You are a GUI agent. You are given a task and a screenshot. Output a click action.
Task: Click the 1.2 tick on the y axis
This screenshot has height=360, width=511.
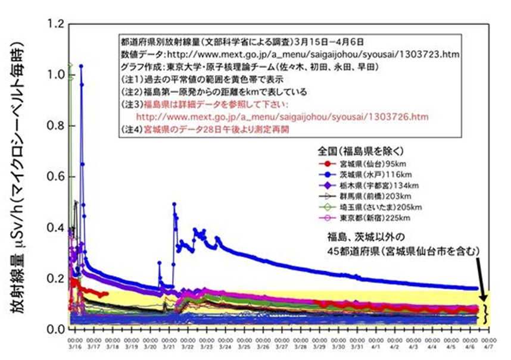tap(55, 24)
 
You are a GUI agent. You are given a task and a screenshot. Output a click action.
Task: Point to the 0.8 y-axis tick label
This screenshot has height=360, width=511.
tap(55, 126)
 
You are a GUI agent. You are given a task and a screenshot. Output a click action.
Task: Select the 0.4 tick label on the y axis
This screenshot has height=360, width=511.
tap(55, 228)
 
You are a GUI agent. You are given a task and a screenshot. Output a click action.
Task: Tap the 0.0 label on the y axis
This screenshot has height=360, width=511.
tap(55, 329)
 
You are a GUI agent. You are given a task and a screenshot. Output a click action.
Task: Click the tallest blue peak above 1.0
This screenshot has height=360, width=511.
tap(81, 66)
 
